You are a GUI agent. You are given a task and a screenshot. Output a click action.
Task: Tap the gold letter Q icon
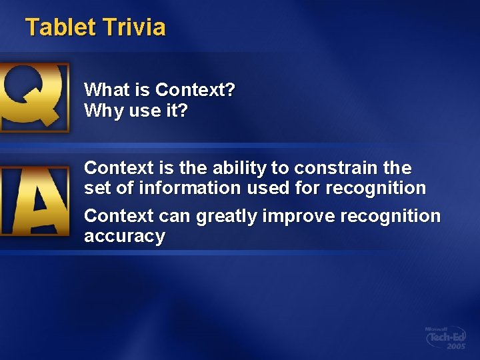click(x=34, y=97)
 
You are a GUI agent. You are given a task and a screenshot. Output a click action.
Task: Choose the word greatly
click(x=227, y=217)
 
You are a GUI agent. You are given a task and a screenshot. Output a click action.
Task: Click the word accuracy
click(x=124, y=237)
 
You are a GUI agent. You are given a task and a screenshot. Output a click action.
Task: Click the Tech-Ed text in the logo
click(x=445, y=338)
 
